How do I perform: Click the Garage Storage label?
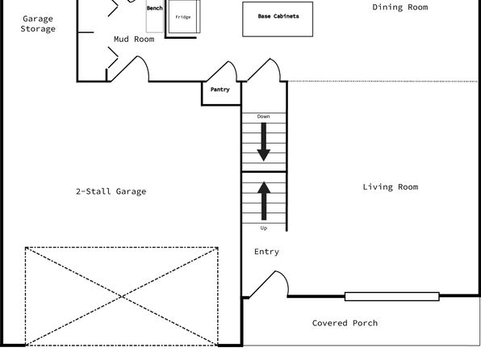(x=38, y=23)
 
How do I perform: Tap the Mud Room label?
(x=134, y=39)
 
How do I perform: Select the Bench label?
(x=155, y=8)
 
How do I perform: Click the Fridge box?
(x=184, y=17)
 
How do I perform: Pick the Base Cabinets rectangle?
(x=278, y=19)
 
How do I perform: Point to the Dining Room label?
(x=400, y=7)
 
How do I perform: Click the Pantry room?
(x=221, y=93)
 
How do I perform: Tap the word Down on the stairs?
(x=264, y=116)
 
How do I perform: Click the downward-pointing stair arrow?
(x=264, y=142)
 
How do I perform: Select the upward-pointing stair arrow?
(x=264, y=201)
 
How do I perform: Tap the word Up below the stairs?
(x=264, y=228)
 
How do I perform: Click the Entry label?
(x=266, y=252)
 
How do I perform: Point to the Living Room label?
(x=390, y=187)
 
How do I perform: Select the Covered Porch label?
(x=345, y=323)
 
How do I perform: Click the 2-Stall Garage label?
(x=111, y=191)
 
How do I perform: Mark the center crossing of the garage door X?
(x=122, y=296)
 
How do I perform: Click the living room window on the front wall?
(x=392, y=296)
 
